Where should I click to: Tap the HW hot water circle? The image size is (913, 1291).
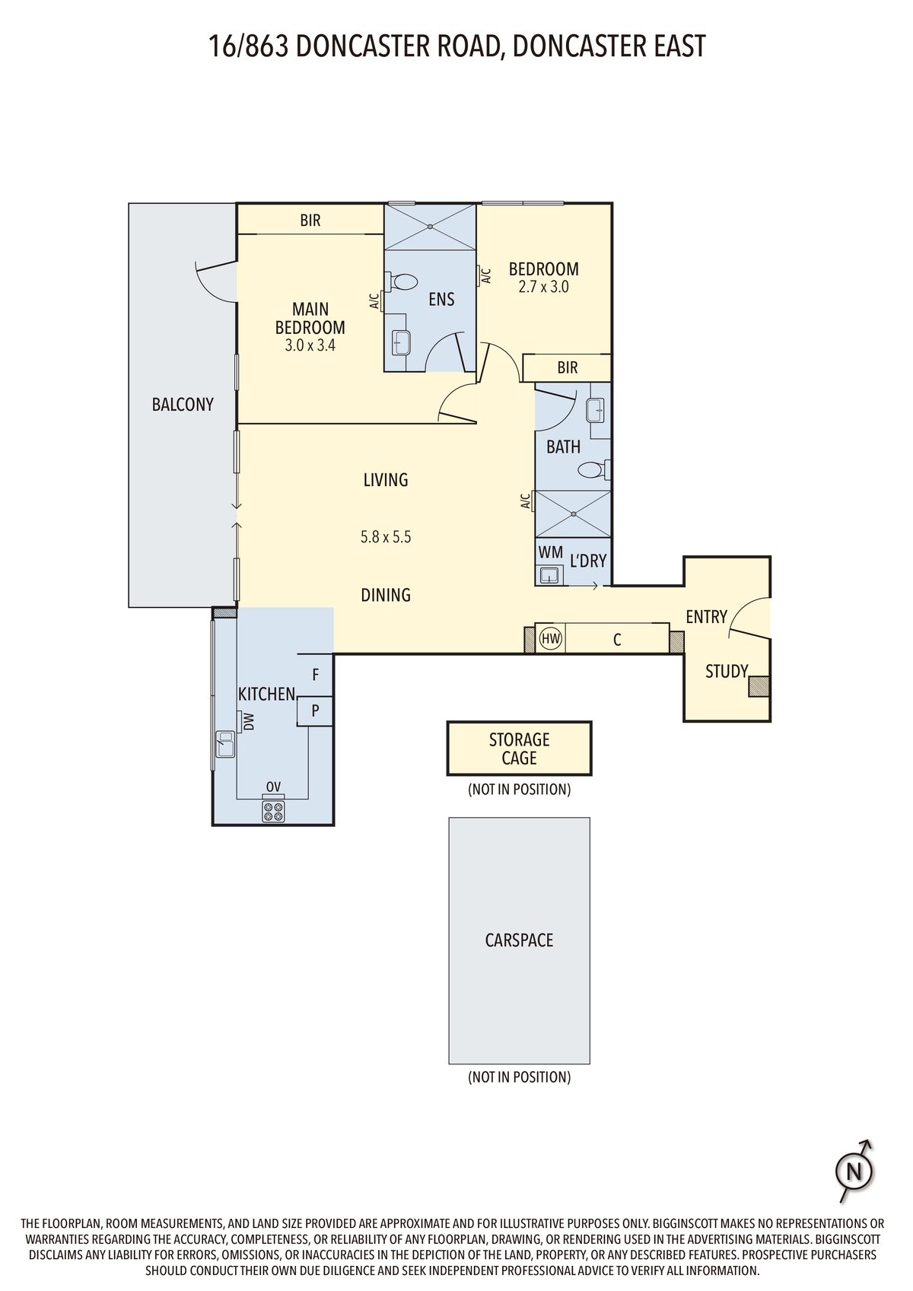(x=550, y=638)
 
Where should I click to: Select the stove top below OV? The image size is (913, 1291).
(x=274, y=811)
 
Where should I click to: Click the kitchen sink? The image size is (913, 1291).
(x=224, y=743)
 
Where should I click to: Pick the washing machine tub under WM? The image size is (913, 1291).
(x=549, y=574)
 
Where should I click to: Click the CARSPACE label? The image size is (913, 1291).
(x=519, y=940)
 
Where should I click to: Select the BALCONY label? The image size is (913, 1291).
(x=183, y=405)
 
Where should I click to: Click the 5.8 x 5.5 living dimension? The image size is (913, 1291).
(x=386, y=537)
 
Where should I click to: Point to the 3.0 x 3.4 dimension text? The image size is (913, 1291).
(x=310, y=345)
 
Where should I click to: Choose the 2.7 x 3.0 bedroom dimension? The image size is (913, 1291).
(x=543, y=287)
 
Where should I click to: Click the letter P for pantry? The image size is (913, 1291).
(x=315, y=711)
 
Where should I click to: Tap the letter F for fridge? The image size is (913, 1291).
(x=315, y=674)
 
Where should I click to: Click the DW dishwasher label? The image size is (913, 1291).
(x=249, y=722)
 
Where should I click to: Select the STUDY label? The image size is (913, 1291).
(x=727, y=671)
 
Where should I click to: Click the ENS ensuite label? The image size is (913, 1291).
(x=441, y=299)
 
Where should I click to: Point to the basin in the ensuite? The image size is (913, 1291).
(x=401, y=342)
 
